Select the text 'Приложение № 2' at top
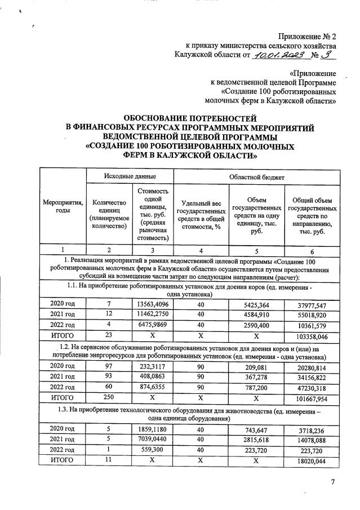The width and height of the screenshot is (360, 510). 308,35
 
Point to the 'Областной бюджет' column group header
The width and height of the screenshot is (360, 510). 256,176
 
